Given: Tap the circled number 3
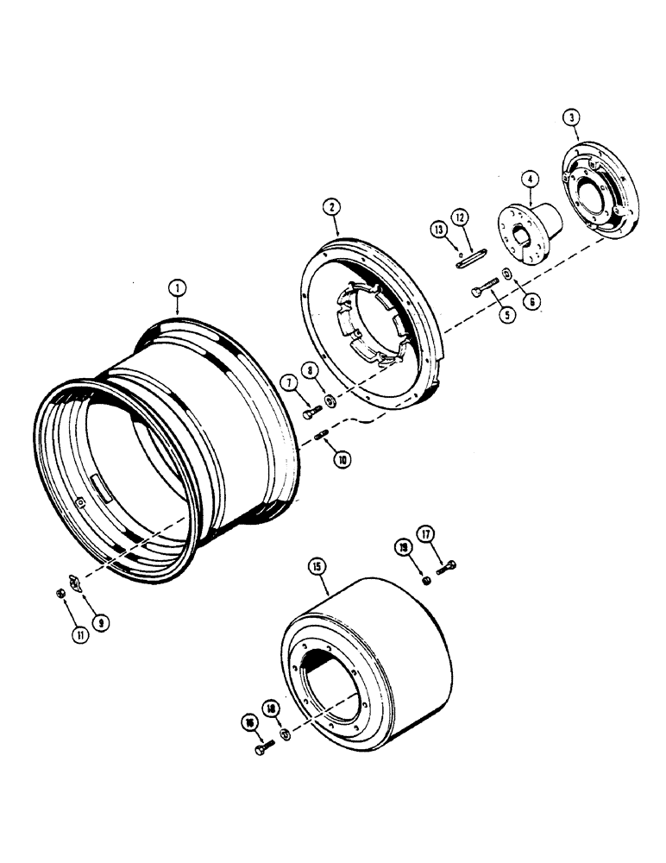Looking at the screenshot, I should (569, 117).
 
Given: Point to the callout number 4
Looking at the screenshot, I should (528, 180).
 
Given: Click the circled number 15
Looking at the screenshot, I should (317, 568).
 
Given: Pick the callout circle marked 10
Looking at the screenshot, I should (342, 461).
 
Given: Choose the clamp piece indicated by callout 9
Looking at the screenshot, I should (74, 584).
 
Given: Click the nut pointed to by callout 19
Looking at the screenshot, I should (426, 579).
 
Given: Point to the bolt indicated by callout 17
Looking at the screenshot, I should (446, 567).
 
